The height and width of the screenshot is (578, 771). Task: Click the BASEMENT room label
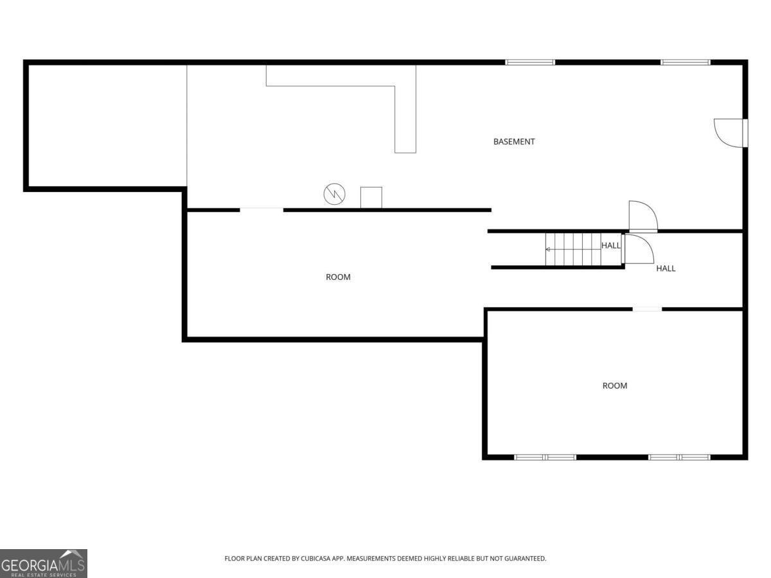click(x=513, y=141)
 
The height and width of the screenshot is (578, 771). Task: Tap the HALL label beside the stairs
click(x=611, y=245)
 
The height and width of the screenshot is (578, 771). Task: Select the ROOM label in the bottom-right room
click(x=615, y=386)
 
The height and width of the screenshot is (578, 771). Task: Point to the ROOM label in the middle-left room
click(x=338, y=277)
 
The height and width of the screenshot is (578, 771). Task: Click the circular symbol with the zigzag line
click(x=334, y=194)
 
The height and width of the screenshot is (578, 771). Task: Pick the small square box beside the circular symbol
click(x=371, y=198)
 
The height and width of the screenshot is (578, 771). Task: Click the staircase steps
click(x=573, y=249)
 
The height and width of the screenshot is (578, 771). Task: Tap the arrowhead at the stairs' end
click(x=547, y=249)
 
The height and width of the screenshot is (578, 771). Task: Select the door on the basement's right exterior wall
click(x=731, y=133)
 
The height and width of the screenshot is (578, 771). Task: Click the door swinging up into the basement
click(x=642, y=216)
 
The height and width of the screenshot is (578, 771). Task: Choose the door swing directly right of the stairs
click(x=637, y=249)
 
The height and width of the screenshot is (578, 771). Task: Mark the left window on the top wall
click(x=529, y=62)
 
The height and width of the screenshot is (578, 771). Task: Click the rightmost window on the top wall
click(x=686, y=62)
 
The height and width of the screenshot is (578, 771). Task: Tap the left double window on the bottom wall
click(x=545, y=457)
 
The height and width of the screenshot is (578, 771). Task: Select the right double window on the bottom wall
click(x=679, y=457)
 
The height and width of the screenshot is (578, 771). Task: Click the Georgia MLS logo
click(x=44, y=563)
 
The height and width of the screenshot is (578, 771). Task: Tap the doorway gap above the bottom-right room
click(x=647, y=309)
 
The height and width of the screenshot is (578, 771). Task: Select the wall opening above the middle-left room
click(x=261, y=210)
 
